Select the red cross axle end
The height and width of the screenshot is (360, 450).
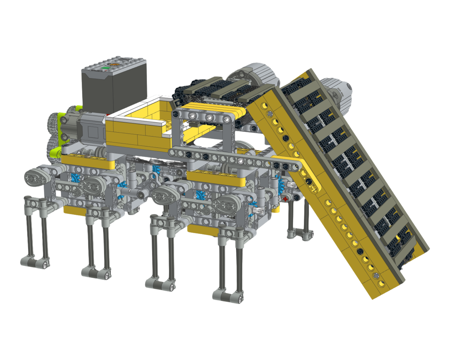coord(285,199)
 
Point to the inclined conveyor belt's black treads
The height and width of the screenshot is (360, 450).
coord(353,167)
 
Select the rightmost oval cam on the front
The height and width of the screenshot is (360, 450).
coord(228,203)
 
